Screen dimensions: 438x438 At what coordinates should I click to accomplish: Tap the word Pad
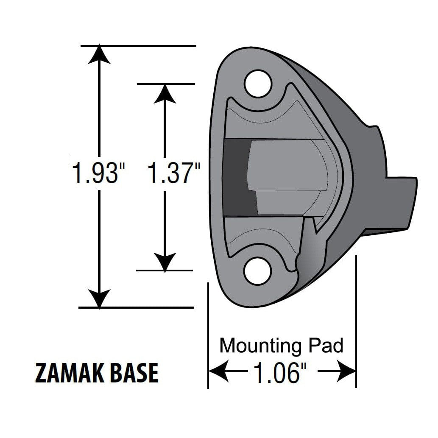pos(326,346)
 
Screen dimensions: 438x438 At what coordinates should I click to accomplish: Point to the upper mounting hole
pos(258,84)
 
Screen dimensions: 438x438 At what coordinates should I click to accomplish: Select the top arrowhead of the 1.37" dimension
pos(164,93)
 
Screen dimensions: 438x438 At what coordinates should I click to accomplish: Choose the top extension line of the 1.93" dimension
pos(140,45)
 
